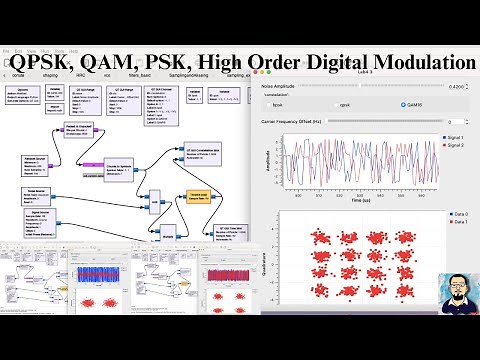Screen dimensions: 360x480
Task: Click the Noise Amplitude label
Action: [x=282, y=87]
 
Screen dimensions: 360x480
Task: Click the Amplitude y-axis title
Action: [x=268, y=167]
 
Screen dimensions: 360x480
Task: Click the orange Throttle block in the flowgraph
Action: [x=197, y=197]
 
